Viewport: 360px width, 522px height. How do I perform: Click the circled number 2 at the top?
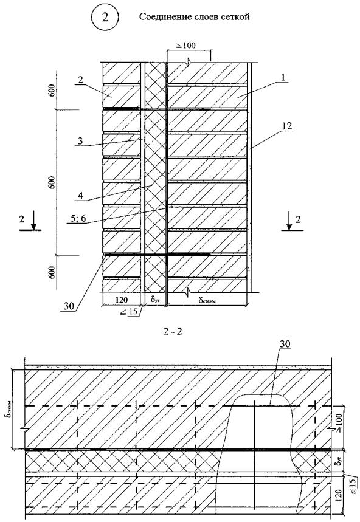point(105,17)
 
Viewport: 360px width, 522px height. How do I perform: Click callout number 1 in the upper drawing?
point(282,78)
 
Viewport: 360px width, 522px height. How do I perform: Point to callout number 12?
point(287,126)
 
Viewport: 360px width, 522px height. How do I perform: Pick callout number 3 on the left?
point(80,141)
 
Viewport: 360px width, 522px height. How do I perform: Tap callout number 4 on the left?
point(80,196)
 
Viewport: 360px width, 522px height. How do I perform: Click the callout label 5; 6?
point(78,218)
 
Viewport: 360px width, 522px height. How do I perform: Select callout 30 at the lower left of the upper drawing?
point(69,306)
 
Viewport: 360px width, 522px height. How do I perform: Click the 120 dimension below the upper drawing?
point(121,300)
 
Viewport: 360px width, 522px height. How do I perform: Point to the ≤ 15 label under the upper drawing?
point(132,312)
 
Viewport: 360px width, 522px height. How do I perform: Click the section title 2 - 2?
point(173,332)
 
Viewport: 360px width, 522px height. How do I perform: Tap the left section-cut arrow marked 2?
point(33,222)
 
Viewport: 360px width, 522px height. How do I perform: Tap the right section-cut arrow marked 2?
point(289,222)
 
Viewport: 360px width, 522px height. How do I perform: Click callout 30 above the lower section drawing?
point(285,344)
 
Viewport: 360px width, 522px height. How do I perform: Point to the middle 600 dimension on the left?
point(52,182)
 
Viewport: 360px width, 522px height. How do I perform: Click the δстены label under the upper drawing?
point(207,301)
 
